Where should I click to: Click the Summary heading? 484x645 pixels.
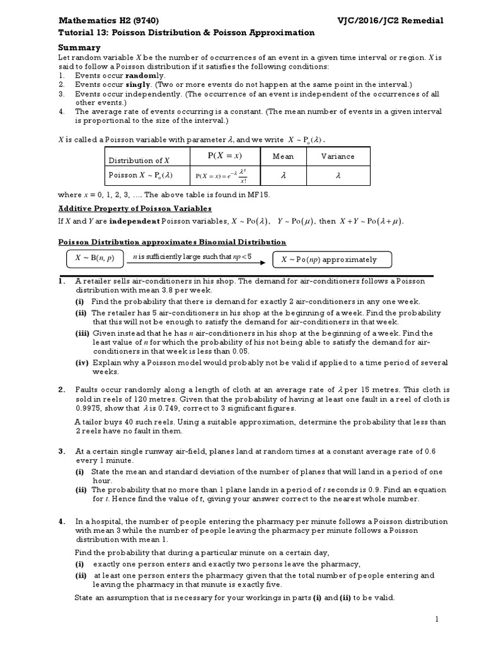coord(79,47)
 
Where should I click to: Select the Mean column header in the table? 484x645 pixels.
coord(283,156)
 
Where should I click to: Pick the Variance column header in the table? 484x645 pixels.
coord(338,156)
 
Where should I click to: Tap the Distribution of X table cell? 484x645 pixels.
coord(139,160)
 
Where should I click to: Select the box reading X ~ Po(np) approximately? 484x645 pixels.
coord(331,260)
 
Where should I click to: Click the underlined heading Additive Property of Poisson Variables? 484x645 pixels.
coord(135,208)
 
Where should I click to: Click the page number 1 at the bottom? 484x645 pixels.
coord(435,620)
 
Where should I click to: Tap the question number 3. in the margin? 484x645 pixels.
coord(62,451)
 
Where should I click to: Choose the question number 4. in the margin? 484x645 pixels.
coord(62,522)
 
